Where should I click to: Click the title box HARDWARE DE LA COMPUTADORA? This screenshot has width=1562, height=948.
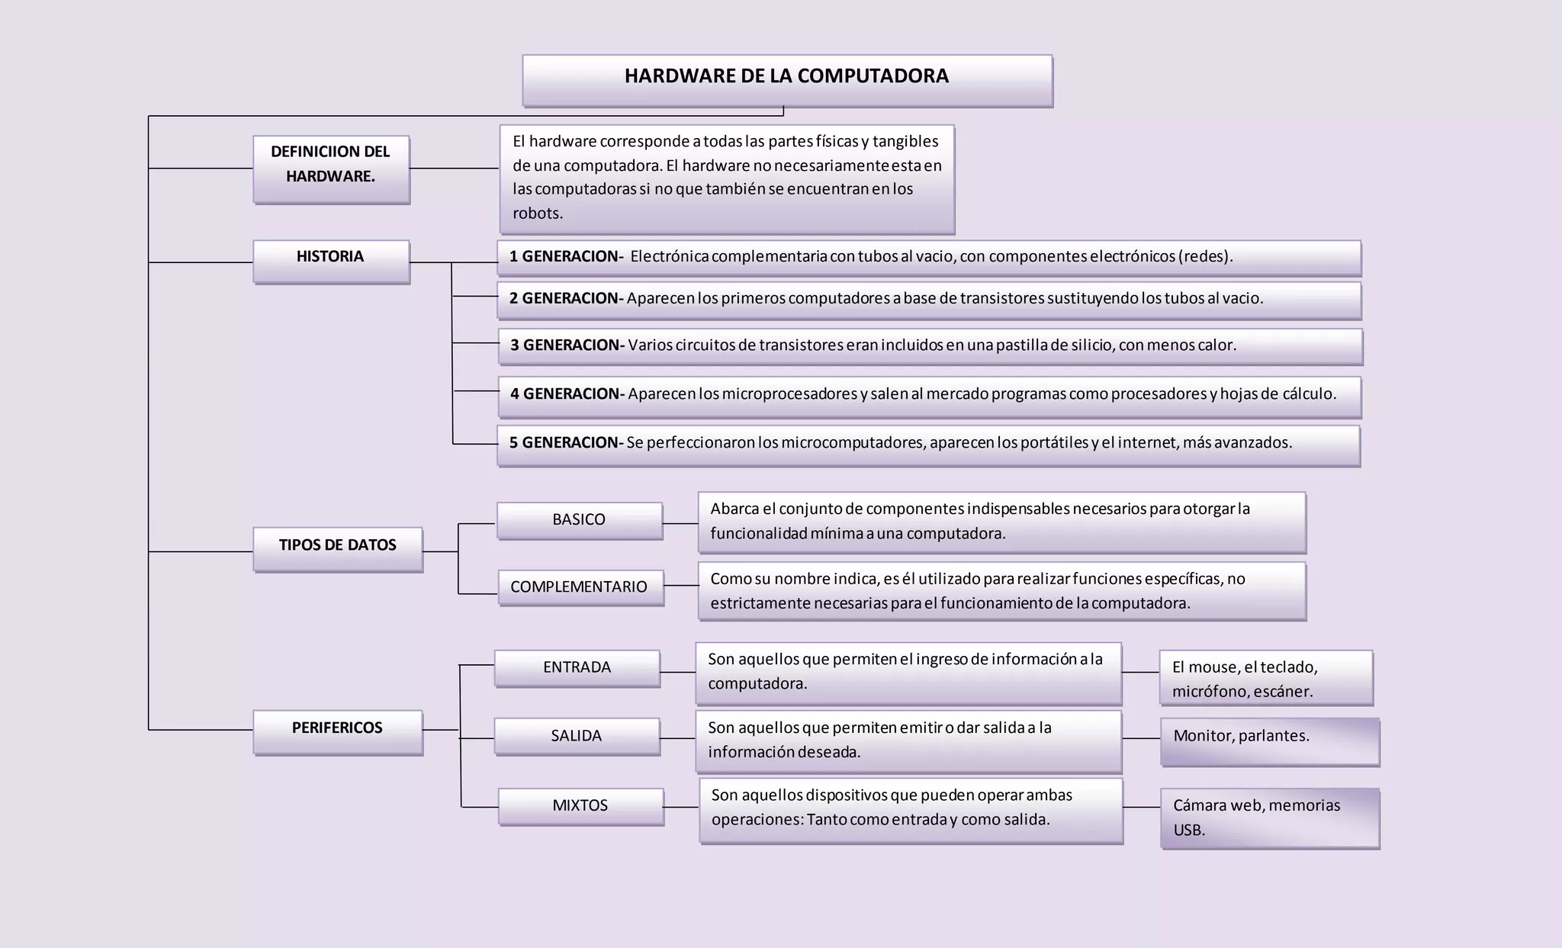click(787, 79)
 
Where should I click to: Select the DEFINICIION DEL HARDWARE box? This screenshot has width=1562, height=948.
click(331, 169)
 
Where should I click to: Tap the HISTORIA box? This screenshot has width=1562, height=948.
click(331, 261)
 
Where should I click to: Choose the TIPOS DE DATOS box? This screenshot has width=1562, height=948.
click(338, 548)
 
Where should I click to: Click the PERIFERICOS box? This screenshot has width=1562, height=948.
click(338, 731)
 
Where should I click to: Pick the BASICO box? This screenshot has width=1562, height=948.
click(580, 520)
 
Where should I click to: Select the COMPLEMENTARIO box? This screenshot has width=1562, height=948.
click(580, 587)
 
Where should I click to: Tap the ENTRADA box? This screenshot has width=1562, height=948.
click(577, 668)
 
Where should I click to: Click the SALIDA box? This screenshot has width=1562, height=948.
click(577, 736)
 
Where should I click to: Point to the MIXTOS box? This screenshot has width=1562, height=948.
click(580, 806)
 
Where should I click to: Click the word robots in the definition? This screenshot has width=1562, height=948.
click(536, 214)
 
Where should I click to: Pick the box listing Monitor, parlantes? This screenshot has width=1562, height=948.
click(1270, 741)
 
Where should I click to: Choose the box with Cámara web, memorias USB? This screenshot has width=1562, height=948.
click(1270, 818)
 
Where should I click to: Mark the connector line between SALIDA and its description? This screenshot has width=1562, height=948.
click(678, 738)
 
